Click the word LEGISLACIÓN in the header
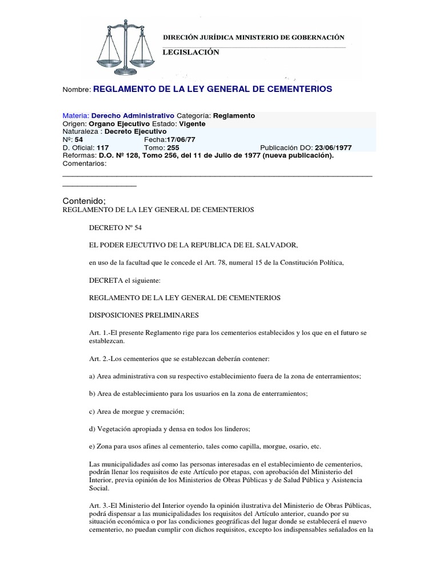coord(191,52)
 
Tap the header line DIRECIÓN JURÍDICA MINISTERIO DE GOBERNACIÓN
coord(254,37)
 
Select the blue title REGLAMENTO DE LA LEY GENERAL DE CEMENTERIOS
coord(212,89)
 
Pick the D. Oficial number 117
coord(103,147)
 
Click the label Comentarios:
coord(84,163)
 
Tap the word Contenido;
coord(83,201)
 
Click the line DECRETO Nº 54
coord(115,227)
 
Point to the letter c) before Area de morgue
coord(94,411)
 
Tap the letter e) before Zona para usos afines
coord(94,446)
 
